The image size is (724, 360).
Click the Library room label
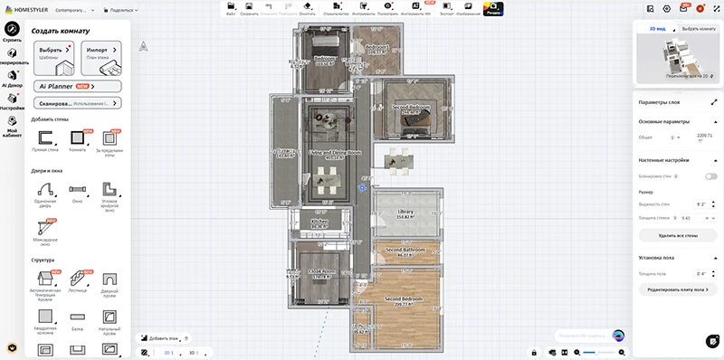405,213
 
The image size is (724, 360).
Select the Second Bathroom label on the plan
406,251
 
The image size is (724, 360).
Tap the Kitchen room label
320,223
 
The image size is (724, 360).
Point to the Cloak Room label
322,272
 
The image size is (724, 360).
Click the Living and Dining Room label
334,154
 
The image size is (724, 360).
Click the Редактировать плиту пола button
678,289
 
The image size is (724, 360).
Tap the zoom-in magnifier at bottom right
622,351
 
